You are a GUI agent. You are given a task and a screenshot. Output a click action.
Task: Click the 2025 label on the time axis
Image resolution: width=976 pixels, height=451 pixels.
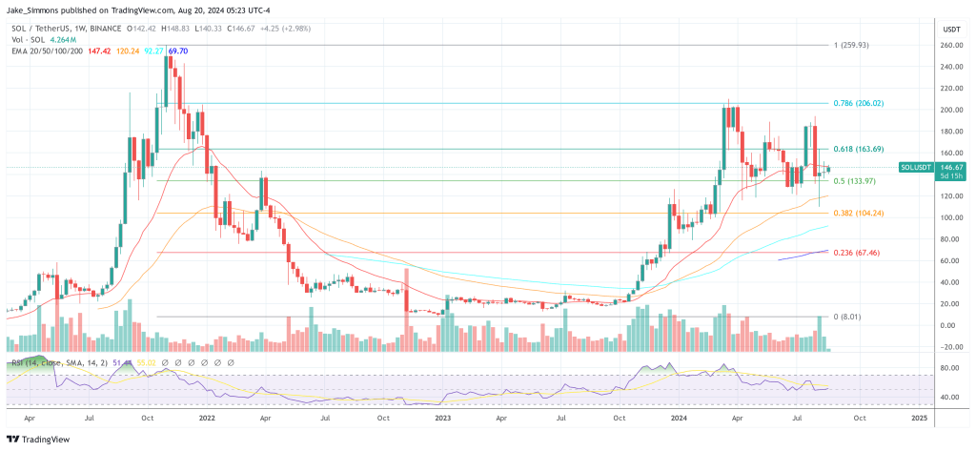point(919,417)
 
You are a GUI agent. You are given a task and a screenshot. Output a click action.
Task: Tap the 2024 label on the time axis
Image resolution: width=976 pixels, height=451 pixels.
point(680,417)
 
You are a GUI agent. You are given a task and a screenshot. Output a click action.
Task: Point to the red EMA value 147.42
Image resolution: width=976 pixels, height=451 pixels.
point(100,50)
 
